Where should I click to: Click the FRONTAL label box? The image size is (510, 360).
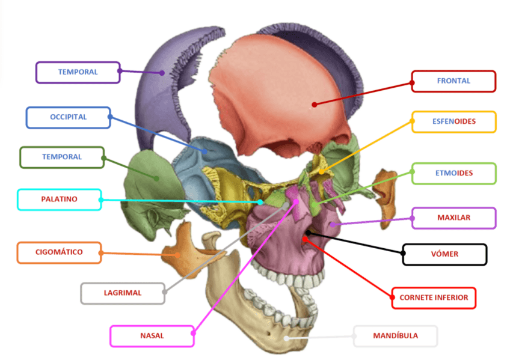coord(453,81)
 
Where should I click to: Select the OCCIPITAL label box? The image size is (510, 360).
coord(68,117)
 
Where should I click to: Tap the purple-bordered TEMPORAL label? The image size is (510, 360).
coord(78,72)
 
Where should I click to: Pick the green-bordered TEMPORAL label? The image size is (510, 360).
coord(61,157)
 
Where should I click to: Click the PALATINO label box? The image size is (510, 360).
coord(59,200)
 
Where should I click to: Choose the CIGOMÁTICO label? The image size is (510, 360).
coord(58,252)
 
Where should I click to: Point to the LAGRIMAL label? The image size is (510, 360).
coord(122,293)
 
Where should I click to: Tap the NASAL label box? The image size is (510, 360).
coord(152,336)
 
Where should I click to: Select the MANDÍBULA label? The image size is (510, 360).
coord(395,336)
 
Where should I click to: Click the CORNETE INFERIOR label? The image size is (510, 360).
coord(434,297)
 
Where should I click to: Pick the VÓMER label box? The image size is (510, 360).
coord(444,254)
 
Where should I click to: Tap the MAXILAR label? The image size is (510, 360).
coord(453,218)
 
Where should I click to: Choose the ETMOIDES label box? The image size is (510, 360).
coord(453,174)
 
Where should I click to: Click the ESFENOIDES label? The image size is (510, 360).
coord(453,122)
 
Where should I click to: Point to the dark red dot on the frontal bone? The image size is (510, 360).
coord(314,105)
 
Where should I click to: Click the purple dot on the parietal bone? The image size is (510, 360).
coord(162,73)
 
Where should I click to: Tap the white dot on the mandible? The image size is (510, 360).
coord(286,338)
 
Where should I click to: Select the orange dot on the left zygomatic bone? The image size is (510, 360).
coord(179,255)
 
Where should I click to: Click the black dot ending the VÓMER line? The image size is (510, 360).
coord(307,232)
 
